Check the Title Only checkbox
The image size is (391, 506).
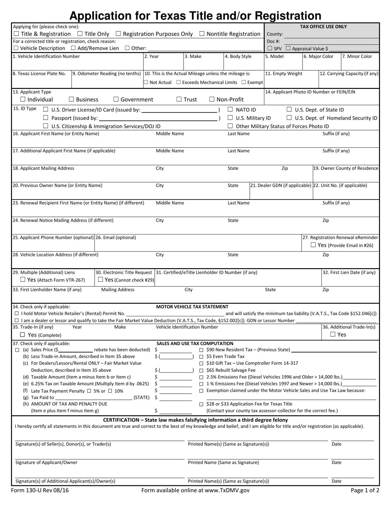click(x=80, y=34)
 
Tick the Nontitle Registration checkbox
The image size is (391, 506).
click(x=202, y=34)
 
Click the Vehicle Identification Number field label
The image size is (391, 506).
click(x=47, y=56)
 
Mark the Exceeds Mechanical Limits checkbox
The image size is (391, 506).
click(x=179, y=82)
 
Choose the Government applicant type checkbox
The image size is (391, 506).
click(x=116, y=99)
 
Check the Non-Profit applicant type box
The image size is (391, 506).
click(x=212, y=99)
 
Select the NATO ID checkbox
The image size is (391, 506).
click(x=230, y=109)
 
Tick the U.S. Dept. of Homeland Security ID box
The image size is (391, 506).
click(x=289, y=118)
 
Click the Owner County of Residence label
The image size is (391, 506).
click(x=346, y=168)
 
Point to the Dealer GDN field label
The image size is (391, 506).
click(x=281, y=186)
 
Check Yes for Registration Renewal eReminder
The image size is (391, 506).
click(x=313, y=245)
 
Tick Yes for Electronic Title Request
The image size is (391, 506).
click(x=101, y=280)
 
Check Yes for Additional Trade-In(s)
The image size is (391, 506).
click(x=333, y=334)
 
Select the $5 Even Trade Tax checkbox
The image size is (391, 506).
click(x=201, y=356)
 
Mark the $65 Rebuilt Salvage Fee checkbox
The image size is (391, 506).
click(x=201, y=370)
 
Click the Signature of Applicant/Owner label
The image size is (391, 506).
click(x=47, y=462)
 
